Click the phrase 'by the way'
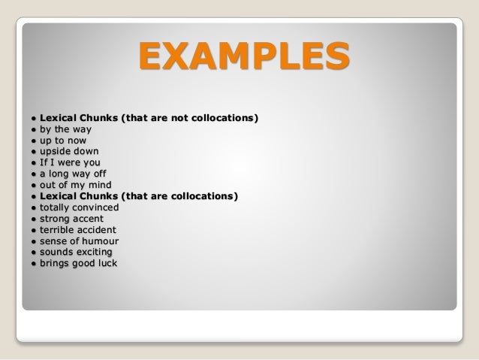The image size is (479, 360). coord(67,129)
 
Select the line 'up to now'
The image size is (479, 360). coord(64,140)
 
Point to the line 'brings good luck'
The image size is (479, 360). coord(83,263)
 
